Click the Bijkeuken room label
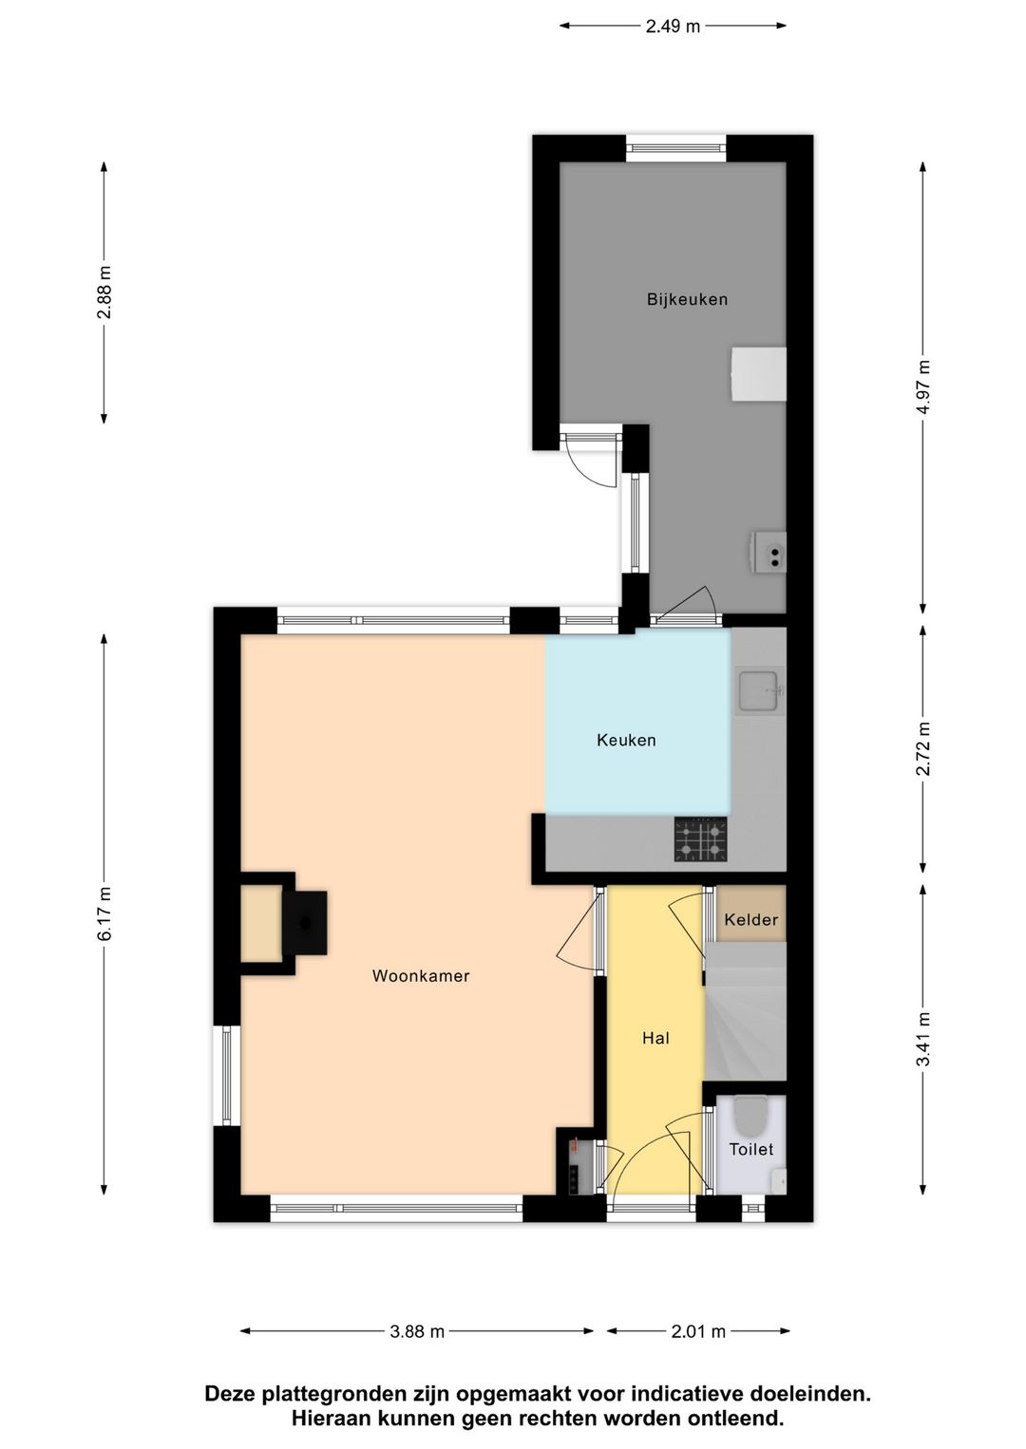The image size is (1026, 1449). [687, 299]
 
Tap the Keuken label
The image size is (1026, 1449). [626, 740]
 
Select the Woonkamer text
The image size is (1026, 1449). [421, 976]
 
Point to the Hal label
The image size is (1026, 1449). [655, 1039]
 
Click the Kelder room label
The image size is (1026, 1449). [750, 920]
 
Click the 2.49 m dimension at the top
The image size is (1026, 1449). [673, 27]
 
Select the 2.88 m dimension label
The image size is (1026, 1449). [104, 292]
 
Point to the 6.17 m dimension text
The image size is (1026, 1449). [104, 913]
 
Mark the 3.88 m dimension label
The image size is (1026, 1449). [417, 1331]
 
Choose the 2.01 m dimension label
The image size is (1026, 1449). [698, 1331]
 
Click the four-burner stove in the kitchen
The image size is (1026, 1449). [700, 839]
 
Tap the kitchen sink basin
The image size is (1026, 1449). [758, 691]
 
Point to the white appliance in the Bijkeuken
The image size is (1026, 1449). [759, 374]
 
